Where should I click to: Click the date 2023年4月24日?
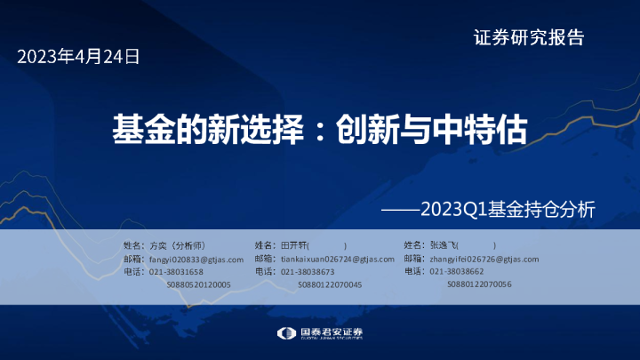[x=79, y=58]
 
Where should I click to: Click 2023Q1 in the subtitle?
[x=452, y=211]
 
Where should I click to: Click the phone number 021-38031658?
[x=176, y=271]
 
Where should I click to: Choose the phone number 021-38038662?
[x=457, y=271]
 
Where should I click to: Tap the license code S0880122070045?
[x=330, y=284]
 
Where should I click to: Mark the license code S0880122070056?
[x=480, y=284]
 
